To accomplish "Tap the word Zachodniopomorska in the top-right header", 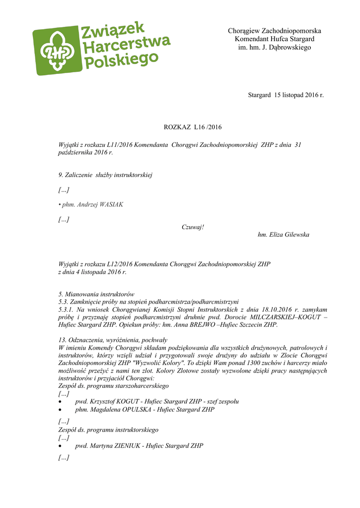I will [291, 31].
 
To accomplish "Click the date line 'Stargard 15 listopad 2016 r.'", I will [286, 94].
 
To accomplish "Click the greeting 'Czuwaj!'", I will [193, 227].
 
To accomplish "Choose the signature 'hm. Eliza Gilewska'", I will [284, 235].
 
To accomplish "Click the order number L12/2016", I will [120, 264].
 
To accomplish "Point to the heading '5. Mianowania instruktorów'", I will [96, 294].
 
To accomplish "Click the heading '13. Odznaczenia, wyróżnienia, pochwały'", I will [113, 340].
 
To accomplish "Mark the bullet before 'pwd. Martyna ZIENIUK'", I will [61, 446].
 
